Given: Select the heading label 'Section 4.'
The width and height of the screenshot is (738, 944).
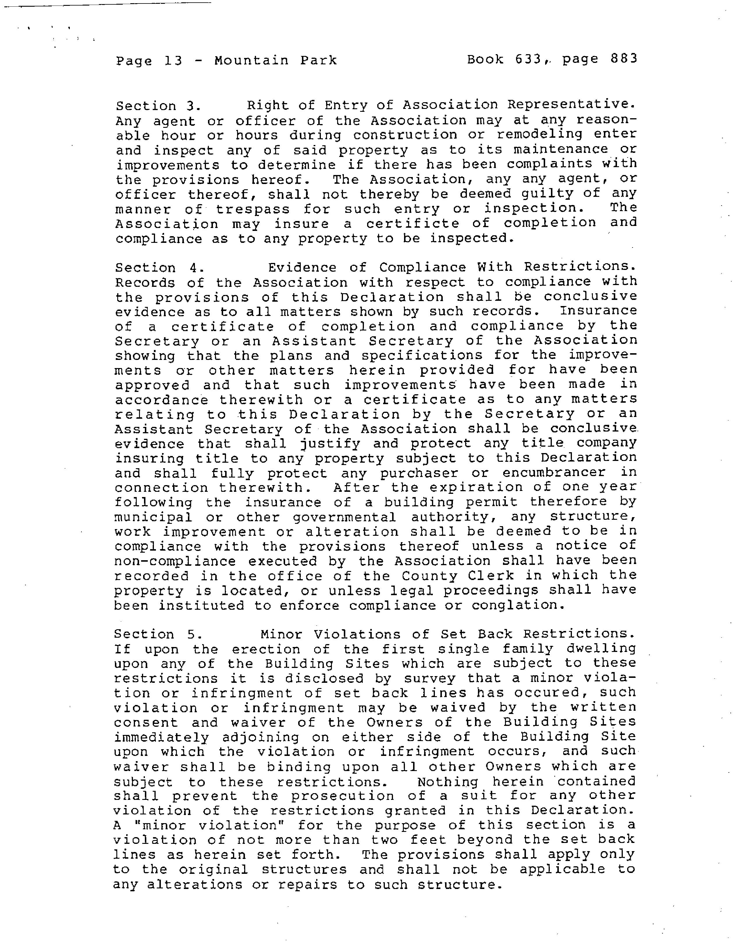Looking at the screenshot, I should tap(159, 268).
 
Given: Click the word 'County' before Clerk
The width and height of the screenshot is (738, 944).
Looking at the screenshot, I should tap(429, 576).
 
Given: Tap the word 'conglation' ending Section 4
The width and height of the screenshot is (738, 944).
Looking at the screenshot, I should tap(518, 605).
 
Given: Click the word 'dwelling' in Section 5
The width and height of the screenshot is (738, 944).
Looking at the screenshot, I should tap(602, 649).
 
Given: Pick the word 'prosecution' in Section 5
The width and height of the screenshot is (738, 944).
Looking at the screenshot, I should tap(342, 796).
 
